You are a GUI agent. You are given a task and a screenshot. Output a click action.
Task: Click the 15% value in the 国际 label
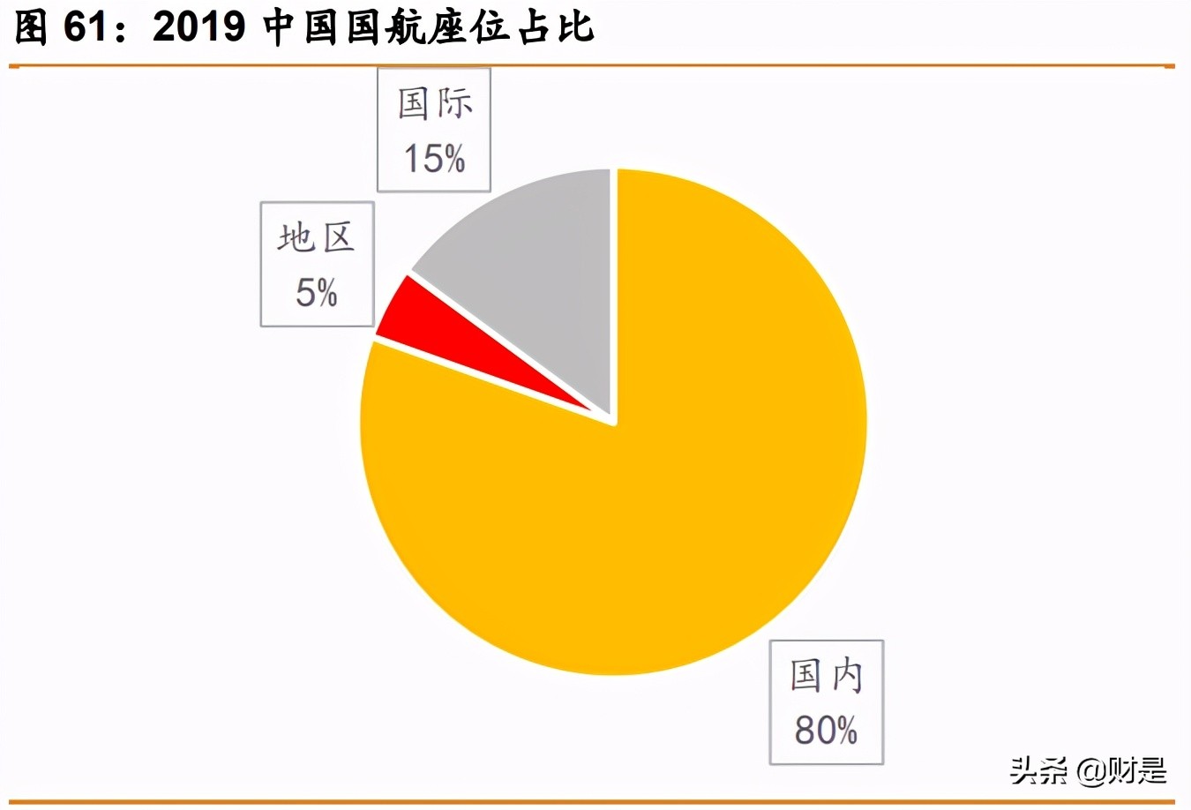[434, 159]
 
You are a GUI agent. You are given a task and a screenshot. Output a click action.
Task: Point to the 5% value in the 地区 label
[317, 293]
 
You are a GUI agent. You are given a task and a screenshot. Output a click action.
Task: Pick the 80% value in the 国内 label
[826, 731]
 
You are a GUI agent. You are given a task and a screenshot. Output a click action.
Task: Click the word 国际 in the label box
[434, 104]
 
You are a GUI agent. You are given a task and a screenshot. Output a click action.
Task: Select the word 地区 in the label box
[317, 238]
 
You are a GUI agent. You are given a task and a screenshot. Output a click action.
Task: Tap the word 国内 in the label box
[826, 676]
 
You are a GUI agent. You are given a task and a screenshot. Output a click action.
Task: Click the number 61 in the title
[86, 28]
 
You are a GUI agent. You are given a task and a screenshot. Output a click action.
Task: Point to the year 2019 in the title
[199, 28]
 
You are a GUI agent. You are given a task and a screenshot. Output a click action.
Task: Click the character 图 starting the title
[31, 28]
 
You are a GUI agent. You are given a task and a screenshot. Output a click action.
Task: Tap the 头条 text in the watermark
[1038, 770]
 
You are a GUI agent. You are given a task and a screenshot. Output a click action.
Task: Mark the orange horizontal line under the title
[591, 66]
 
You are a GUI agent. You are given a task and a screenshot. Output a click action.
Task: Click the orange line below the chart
[591, 802]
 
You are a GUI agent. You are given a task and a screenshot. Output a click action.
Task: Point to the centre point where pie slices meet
[614, 422]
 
